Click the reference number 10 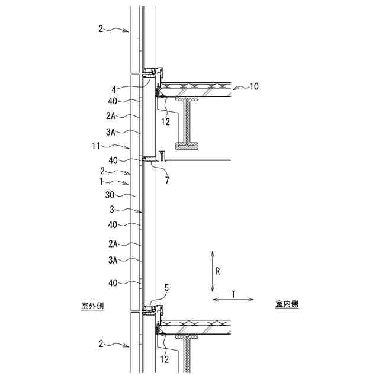point(254,86)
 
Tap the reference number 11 point(96,146)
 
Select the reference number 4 point(114,89)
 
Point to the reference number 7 point(167,180)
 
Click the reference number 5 point(166,288)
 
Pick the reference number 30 point(110,195)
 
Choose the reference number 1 point(101,181)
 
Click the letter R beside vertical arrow point(217,271)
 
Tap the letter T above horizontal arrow point(233,294)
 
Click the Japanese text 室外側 point(92,306)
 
